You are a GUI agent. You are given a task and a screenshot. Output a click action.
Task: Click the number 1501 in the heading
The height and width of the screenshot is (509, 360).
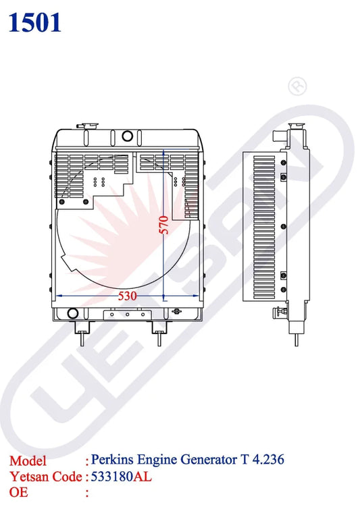[x=36, y=22]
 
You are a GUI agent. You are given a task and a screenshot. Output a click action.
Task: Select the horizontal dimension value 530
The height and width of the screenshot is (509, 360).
[x=126, y=296]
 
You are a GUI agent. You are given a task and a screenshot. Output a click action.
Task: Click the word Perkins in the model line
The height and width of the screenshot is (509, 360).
[x=112, y=460]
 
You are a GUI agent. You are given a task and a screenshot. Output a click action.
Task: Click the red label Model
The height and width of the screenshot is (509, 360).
[x=28, y=461]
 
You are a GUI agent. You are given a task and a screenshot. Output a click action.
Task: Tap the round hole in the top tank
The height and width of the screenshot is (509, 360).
[x=127, y=136]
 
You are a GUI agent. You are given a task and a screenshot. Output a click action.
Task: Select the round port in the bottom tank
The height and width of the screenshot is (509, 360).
[x=71, y=314]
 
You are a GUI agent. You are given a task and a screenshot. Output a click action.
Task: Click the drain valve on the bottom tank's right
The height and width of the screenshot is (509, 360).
[x=177, y=311]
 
